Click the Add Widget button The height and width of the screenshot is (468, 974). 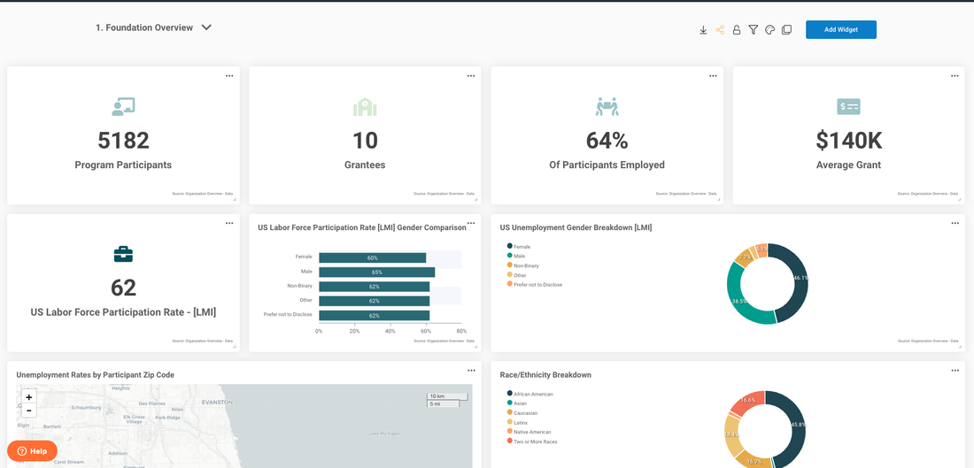click(x=840, y=30)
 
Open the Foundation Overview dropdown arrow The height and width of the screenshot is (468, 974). click(x=206, y=27)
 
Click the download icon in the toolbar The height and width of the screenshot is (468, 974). click(x=703, y=30)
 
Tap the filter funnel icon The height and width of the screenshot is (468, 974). click(x=753, y=30)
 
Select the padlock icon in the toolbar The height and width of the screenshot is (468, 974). click(x=736, y=30)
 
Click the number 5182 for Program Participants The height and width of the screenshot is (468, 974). click(x=123, y=141)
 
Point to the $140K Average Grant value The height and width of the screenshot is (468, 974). click(x=848, y=141)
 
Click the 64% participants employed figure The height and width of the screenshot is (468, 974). click(x=607, y=141)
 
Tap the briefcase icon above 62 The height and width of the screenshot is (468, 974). click(x=123, y=255)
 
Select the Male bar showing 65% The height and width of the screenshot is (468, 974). click(x=376, y=272)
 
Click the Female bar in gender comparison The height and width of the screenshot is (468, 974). click(x=372, y=257)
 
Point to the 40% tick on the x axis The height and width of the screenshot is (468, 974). click(x=390, y=331)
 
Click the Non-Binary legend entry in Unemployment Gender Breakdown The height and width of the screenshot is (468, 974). click(x=526, y=265)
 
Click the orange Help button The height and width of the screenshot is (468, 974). click(x=32, y=451)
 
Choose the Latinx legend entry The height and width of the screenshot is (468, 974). click(x=521, y=423)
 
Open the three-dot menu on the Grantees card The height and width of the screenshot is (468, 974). click(x=471, y=76)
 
